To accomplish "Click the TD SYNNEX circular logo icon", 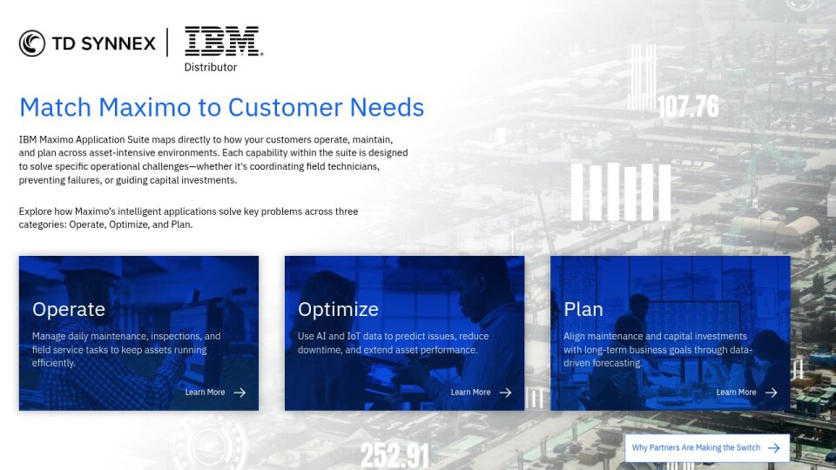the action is [x=32, y=44].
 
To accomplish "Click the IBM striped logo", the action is [x=224, y=41].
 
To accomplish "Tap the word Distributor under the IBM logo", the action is [x=211, y=67].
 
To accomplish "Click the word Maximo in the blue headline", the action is [x=145, y=107].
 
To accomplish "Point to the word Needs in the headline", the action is [x=387, y=107].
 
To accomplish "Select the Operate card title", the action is [x=69, y=309].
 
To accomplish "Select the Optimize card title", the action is [x=338, y=309].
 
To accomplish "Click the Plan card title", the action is [x=583, y=309].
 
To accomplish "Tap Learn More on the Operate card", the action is [x=205, y=393].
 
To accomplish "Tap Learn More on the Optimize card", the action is [x=470, y=393].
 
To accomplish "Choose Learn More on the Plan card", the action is [x=736, y=393].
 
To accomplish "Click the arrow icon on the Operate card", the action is [x=239, y=393].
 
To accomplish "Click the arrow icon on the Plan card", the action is [x=771, y=393].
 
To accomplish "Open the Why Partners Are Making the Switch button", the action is [x=707, y=448].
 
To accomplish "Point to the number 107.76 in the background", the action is [x=688, y=106].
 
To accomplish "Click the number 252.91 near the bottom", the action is [x=395, y=456].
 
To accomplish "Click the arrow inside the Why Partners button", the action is [x=773, y=448].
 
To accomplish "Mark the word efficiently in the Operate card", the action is [x=53, y=363].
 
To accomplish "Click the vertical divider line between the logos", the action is [x=167, y=43].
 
